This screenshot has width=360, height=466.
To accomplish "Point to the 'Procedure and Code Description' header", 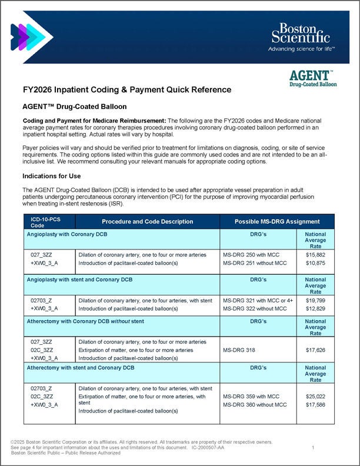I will click(x=147, y=222).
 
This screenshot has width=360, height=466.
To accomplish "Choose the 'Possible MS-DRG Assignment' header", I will click(x=277, y=222).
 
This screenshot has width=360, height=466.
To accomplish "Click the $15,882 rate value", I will click(x=315, y=254).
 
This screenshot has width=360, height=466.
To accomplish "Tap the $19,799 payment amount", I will click(x=315, y=301).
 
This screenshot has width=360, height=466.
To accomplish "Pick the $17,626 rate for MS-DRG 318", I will click(x=315, y=350).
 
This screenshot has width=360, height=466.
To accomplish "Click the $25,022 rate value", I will click(x=315, y=397).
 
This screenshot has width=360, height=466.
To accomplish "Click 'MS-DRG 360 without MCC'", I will click(x=255, y=405).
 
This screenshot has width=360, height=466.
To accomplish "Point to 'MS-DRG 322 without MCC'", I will click(x=255, y=309).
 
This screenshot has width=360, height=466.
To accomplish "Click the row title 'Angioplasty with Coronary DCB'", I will click(x=67, y=234).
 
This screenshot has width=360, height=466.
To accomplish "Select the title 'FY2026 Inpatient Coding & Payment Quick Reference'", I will click(x=127, y=90).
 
